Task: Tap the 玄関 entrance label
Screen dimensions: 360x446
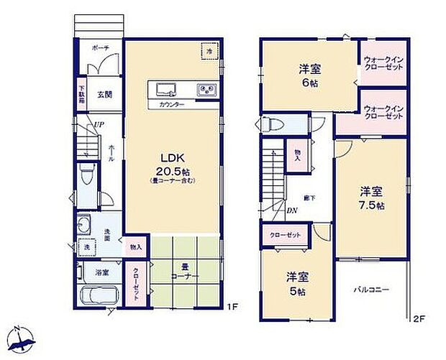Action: pos(105,95)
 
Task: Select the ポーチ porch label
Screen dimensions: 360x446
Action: pos(100,47)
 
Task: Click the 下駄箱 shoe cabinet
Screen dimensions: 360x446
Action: pos(81,96)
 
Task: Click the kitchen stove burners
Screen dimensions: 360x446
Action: pos(206,89)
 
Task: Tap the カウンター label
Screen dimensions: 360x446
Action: pos(172,105)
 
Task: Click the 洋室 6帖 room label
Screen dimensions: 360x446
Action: pos(310,75)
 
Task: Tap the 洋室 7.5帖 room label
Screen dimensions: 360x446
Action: pos(371,198)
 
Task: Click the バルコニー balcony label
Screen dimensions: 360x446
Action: pos(371,290)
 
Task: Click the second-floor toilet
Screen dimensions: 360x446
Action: pos(271,123)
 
